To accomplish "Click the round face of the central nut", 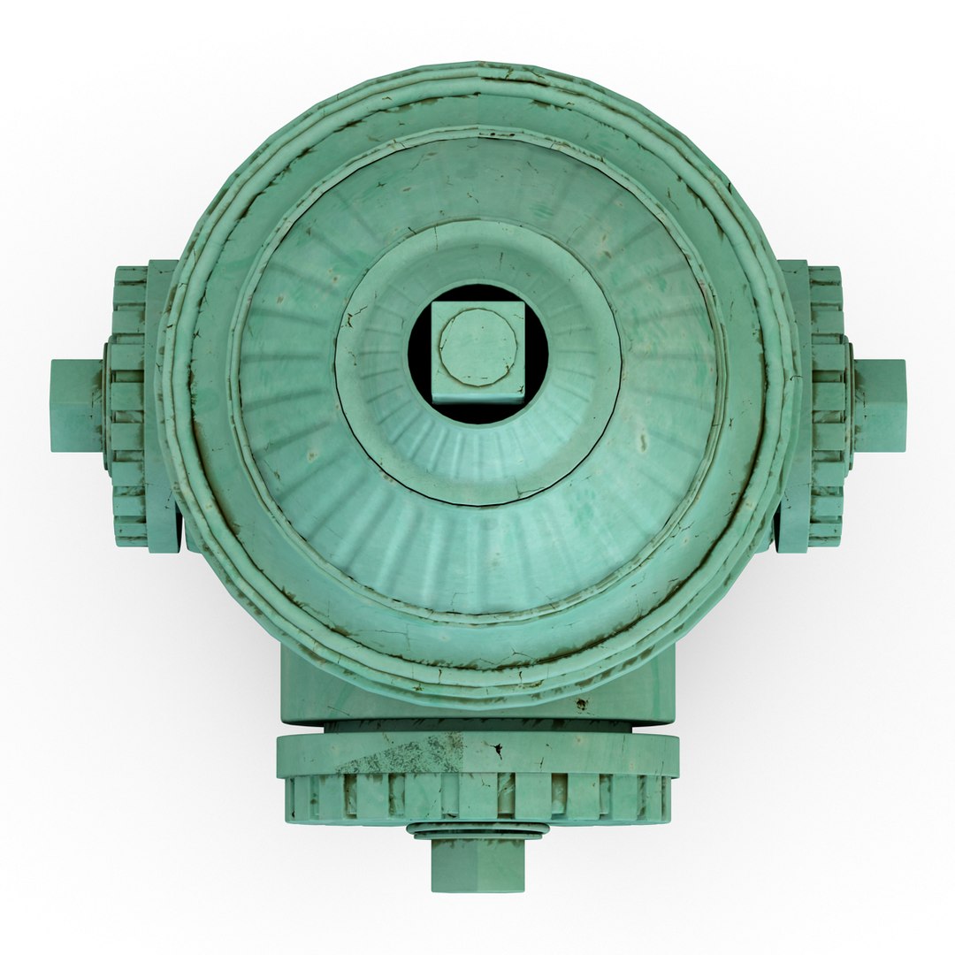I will point(477,347).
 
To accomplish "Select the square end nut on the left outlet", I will point(76,405).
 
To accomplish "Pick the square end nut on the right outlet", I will point(880,405).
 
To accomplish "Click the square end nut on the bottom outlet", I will point(477,864).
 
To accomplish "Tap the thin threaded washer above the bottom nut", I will point(477,830).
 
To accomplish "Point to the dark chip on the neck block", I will point(581,704).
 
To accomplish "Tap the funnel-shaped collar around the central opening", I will point(477,460).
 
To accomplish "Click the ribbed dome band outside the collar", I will point(477,557).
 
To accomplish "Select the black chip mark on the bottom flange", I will point(498,751).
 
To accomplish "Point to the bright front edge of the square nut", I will point(477,396).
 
